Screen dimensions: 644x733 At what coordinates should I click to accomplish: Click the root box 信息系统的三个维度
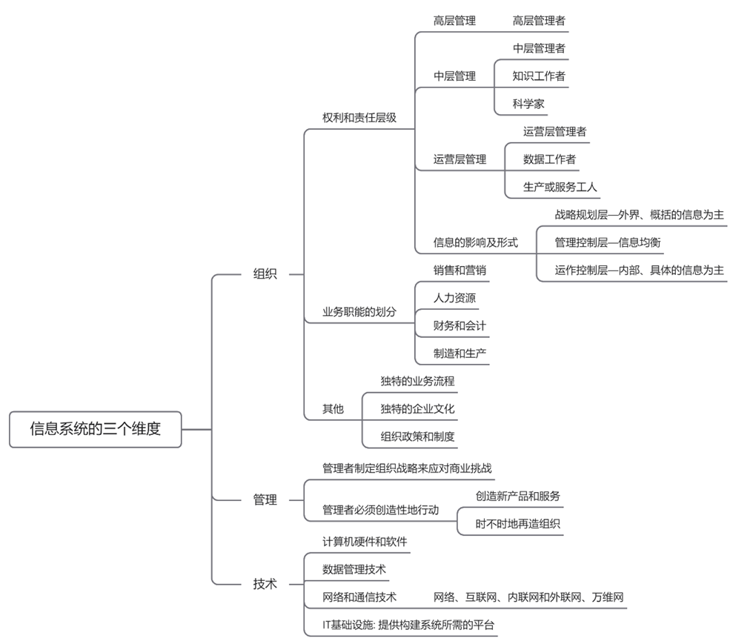point(95,429)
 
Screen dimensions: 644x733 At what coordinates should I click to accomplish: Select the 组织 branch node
point(265,273)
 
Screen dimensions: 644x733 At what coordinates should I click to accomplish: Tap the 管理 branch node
point(265,500)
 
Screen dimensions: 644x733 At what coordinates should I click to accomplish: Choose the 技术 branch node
point(265,584)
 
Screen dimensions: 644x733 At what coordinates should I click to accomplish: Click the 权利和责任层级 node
point(359,118)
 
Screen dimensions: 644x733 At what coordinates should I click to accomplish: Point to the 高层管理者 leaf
point(539,21)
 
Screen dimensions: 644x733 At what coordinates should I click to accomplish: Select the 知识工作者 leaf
point(539,76)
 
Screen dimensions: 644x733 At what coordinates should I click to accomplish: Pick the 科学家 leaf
point(528,104)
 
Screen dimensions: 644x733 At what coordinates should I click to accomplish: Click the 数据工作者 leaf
point(549,159)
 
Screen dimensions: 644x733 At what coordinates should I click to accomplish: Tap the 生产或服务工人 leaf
point(560,187)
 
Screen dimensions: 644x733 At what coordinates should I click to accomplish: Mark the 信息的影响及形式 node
point(475,242)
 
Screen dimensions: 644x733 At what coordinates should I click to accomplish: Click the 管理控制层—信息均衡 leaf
point(607,242)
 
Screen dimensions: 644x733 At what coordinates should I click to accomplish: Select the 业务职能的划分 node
point(359,312)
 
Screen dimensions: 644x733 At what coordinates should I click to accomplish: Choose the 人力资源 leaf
point(454,298)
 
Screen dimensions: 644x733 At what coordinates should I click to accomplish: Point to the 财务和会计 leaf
point(460,326)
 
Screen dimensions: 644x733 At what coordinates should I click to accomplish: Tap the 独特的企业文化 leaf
point(417,409)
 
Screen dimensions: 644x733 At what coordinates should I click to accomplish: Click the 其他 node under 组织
point(333,409)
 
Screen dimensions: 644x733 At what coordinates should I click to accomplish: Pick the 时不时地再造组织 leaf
point(518,524)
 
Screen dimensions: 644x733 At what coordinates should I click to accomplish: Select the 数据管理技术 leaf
point(354,569)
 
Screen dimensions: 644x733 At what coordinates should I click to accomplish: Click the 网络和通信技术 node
point(359,597)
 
